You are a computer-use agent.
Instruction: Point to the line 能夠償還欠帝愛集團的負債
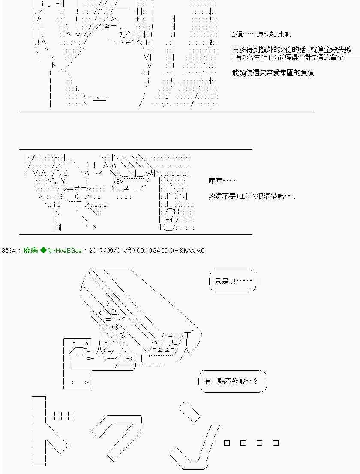point(273,73)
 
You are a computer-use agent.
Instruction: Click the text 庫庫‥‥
point(222,181)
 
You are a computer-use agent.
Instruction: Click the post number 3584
point(9,250)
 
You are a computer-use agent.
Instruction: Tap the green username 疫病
point(30,250)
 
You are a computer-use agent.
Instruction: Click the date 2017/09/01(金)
point(112,250)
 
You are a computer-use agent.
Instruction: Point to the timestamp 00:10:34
point(148,250)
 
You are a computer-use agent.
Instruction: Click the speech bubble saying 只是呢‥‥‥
point(233,282)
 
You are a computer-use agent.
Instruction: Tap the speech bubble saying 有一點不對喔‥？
point(232,381)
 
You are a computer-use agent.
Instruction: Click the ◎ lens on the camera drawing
point(115,327)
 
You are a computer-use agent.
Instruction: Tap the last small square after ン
point(276,443)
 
